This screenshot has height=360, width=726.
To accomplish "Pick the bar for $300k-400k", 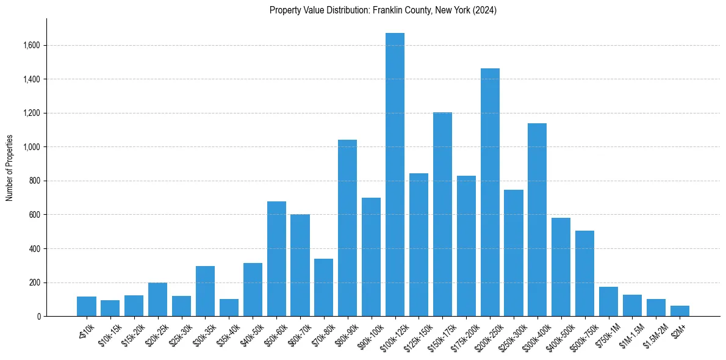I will [x=537, y=220].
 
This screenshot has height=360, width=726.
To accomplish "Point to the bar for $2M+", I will [x=680, y=311].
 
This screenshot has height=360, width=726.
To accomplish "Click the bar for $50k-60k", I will [x=276, y=259].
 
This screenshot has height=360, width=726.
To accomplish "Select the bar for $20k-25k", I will [x=157, y=300].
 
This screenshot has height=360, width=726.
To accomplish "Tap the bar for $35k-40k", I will [x=229, y=308].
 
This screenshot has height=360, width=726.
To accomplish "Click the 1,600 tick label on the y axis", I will [x=31, y=45].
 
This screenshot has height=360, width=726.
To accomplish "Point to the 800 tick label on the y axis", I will [x=34, y=181].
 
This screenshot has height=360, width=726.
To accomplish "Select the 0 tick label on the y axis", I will [x=38, y=317].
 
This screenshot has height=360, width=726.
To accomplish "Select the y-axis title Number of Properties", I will [x=10, y=168].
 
